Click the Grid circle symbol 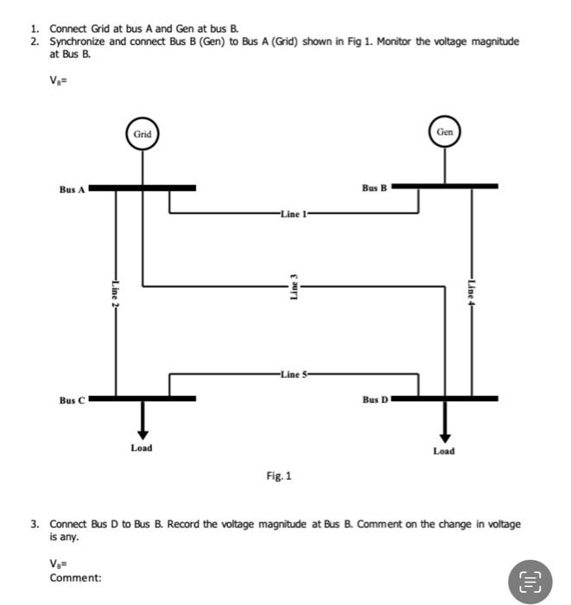pos(143,134)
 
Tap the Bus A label pos(73,188)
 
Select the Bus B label pos(375,187)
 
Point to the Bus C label pos(73,400)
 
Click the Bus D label pos(376,400)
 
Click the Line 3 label pos(294,286)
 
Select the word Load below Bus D pos(444,451)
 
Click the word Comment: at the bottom pos(74,577)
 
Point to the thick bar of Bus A pos(143,187)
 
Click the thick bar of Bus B pos(445,185)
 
